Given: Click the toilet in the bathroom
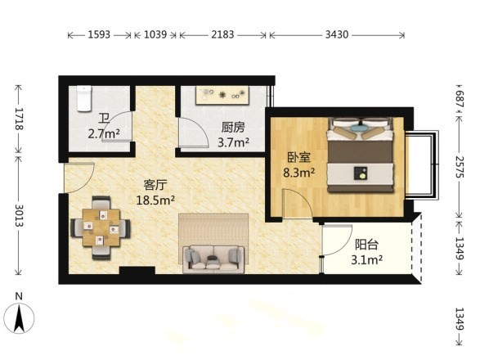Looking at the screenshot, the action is pyautogui.click(x=84, y=98).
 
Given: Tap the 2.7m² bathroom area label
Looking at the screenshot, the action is pyautogui.click(x=104, y=134).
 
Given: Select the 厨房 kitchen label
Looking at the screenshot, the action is pyautogui.click(x=233, y=127).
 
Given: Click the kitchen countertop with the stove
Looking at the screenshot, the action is pyautogui.click(x=222, y=95).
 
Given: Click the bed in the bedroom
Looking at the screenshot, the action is pyautogui.click(x=361, y=155).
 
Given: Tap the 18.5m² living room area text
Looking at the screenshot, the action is pyautogui.click(x=155, y=200).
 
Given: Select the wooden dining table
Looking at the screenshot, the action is pyautogui.click(x=101, y=227).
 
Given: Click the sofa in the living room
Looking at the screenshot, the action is pyautogui.click(x=213, y=259).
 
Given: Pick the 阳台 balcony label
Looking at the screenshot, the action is pyautogui.click(x=366, y=245).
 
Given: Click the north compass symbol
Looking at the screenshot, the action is pyautogui.click(x=20, y=318).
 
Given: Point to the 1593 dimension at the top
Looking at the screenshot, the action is pyautogui.click(x=99, y=34).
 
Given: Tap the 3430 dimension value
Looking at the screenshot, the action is pyautogui.click(x=337, y=34).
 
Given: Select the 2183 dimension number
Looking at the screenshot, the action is pyautogui.click(x=222, y=34).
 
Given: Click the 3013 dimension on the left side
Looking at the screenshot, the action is pyautogui.click(x=19, y=215).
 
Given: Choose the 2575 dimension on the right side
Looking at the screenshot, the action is pyautogui.click(x=460, y=167).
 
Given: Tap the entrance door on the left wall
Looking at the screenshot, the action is pyautogui.click(x=79, y=178).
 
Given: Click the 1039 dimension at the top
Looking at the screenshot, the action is pyautogui.click(x=155, y=34).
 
